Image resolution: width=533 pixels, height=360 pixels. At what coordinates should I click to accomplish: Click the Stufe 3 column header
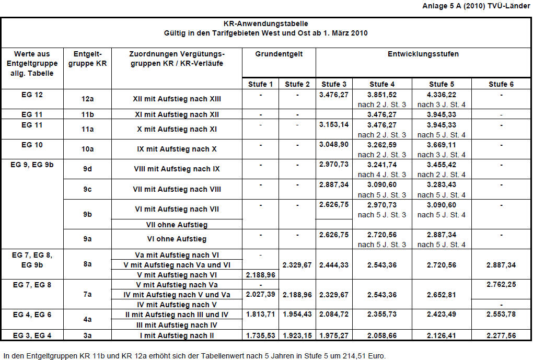[x=334, y=84]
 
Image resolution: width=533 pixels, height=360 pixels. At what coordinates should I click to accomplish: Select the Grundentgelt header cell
[x=279, y=54]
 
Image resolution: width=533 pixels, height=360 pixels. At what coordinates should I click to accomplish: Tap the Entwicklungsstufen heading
[x=423, y=54]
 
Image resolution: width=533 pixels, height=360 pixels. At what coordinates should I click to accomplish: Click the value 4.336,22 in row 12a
[x=442, y=95]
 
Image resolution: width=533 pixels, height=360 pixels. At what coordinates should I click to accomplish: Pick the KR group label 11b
[x=87, y=114]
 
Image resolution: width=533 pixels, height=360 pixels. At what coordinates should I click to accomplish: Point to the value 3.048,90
[x=333, y=144]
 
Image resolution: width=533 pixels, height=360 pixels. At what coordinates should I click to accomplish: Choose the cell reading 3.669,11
[x=442, y=144]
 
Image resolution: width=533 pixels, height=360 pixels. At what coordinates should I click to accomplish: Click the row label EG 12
[x=32, y=95]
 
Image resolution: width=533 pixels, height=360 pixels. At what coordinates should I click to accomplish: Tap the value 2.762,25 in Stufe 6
[x=501, y=285]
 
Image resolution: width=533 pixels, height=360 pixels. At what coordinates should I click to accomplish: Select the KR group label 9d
[x=87, y=169]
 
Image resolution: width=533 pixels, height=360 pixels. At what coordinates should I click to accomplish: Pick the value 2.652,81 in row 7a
[x=442, y=295]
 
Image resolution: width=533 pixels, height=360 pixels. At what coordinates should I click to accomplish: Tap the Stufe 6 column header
[x=501, y=84]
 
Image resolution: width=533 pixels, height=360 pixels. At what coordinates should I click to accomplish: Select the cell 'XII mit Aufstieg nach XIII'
[x=177, y=99]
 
